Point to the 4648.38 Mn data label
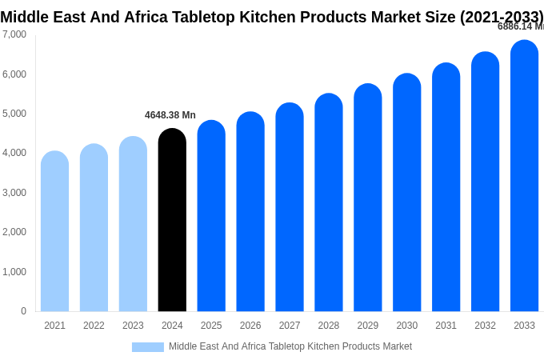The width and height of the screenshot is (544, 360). [170, 115]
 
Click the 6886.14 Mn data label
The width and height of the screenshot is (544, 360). [520, 26]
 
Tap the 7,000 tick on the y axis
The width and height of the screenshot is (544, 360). [14, 34]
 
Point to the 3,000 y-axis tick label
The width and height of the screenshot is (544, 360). [14, 193]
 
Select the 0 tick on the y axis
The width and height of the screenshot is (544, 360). [23, 311]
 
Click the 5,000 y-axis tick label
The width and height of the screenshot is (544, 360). [14, 114]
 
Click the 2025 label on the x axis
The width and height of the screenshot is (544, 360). [211, 326]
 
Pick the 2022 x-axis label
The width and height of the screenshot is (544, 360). [94, 326]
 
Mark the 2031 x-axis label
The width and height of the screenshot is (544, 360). [446, 326]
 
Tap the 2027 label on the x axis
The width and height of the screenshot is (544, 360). [290, 326]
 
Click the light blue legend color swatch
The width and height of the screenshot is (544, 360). [147, 347]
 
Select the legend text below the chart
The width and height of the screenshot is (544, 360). [290, 346]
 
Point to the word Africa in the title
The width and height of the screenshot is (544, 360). [147, 17]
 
